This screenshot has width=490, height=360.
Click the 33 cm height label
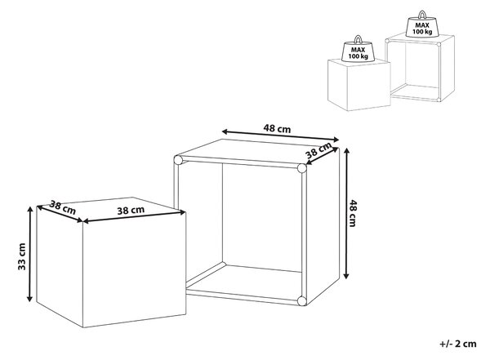click(x=21, y=256)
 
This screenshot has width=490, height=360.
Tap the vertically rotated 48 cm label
click(x=352, y=213)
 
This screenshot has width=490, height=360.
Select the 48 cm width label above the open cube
click(x=277, y=128)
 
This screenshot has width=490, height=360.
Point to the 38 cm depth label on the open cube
click(x=318, y=150)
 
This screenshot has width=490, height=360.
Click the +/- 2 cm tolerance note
click(x=458, y=344)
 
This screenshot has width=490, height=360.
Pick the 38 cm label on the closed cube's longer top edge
click(x=131, y=211)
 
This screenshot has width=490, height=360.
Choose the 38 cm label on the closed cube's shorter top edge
click(x=63, y=208)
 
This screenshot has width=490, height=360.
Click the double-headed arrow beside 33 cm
click(x=29, y=254)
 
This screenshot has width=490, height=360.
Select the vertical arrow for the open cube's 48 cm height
click(x=345, y=213)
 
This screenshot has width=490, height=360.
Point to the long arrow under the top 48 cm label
click(x=280, y=136)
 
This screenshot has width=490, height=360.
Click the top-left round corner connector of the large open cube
click(x=178, y=160)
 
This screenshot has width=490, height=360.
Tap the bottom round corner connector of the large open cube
click(x=302, y=301)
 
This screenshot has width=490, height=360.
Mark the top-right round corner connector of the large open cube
click(x=302, y=168)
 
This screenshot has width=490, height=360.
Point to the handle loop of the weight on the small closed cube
click(x=359, y=39)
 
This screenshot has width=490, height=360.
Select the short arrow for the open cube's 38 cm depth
click(x=323, y=155)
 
